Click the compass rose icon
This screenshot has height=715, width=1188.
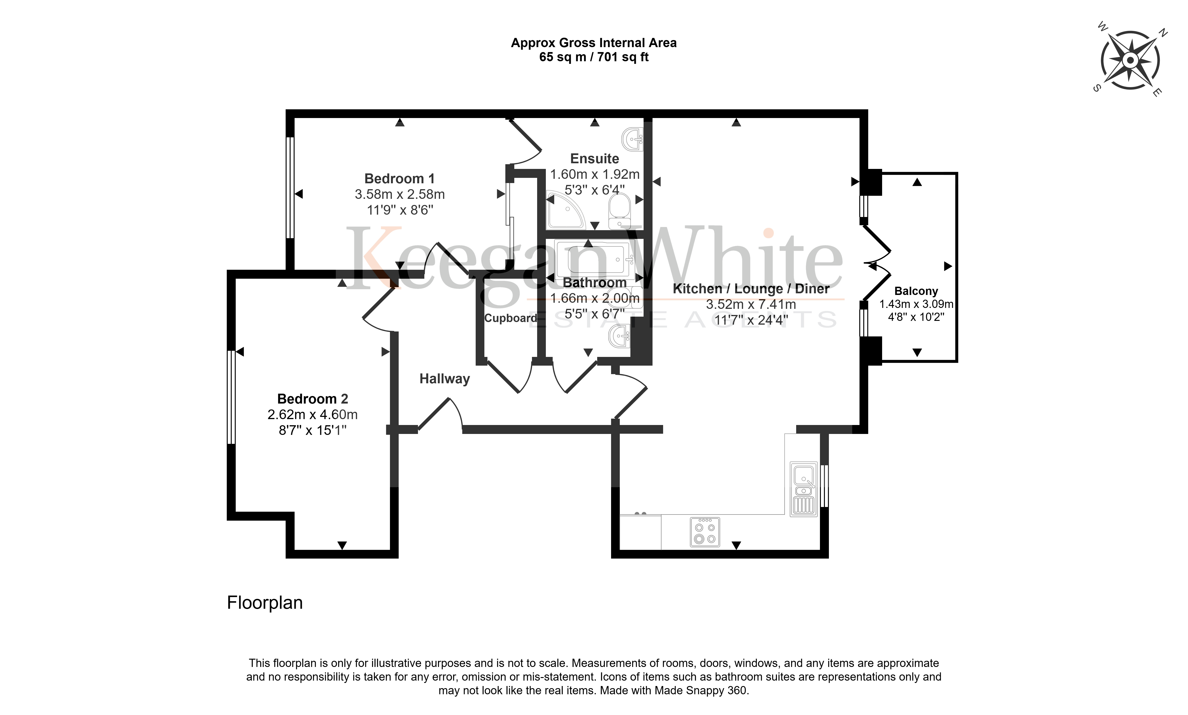(x=1130, y=60)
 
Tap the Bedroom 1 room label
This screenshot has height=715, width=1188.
(x=400, y=179)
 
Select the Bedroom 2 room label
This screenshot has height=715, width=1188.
(x=312, y=399)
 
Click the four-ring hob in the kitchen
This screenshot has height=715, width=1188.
(x=705, y=532)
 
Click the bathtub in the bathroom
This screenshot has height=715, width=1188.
(x=595, y=259)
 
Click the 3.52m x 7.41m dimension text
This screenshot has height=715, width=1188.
(x=751, y=305)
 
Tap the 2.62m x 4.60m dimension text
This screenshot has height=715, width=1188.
(x=312, y=414)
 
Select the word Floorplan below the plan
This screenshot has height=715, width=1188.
(x=265, y=603)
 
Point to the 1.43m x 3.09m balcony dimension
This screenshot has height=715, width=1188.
(x=916, y=304)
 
